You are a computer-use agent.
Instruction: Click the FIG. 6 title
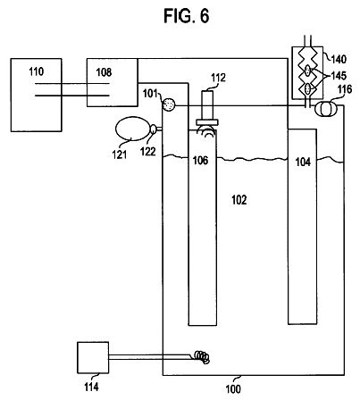click(x=187, y=16)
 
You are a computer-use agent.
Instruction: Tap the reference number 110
click(x=37, y=71)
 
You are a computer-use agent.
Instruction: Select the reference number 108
click(x=104, y=72)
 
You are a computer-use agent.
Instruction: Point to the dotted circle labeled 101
click(x=169, y=104)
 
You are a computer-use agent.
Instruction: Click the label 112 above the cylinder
click(x=218, y=78)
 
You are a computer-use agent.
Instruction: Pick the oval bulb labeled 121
click(x=132, y=129)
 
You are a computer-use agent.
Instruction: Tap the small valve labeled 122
click(x=153, y=129)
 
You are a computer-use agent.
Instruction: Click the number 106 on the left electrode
click(x=200, y=161)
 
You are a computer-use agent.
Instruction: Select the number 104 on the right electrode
click(x=303, y=162)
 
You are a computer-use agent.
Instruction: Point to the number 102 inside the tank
click(x=239, y=200)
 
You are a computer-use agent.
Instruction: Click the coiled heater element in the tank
click(x=202, y=356)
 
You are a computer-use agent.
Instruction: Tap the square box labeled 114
click(x=93, y=357)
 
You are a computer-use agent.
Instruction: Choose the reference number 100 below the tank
click(x=233, y=389)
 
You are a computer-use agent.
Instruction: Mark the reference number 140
click(x=339, y=59)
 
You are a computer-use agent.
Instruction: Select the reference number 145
click(x=339, y=76)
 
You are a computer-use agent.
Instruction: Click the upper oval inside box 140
click(x=307, y=71)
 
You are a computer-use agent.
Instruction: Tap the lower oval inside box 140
click(x=308, y=88)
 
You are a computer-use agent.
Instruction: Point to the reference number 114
click(x=91, y=387)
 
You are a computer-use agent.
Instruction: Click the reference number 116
click(x=345, y=89)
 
